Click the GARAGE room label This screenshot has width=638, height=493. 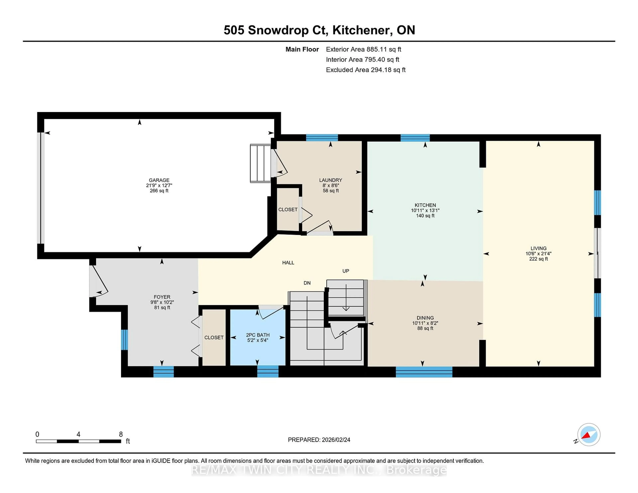[159, 180]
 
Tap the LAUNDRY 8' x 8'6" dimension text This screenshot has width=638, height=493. [330, 186]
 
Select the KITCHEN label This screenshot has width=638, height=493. [425, 205]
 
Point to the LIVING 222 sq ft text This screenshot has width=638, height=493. [538, 259]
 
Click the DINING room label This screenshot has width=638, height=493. [425, 318]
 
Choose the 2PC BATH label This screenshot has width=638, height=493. [258, 335]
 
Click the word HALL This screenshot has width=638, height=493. [288, 263]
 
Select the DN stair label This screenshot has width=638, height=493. [307, 283]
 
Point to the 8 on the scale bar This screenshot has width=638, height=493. [121, 434]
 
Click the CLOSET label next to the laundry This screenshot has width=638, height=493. [288, 210]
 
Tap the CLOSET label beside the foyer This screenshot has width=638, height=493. [214, 337]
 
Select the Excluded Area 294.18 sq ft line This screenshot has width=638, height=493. [366, 70]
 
